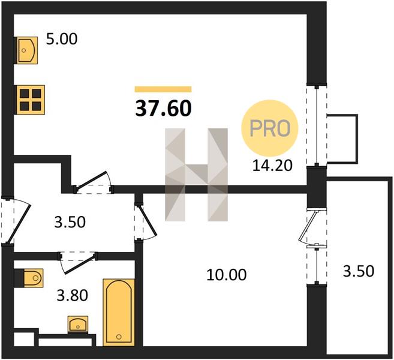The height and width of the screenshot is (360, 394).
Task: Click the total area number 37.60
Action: (163, 109)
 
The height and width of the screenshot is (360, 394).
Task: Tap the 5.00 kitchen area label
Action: (62, 40)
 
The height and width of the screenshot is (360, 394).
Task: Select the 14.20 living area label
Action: (272, 166)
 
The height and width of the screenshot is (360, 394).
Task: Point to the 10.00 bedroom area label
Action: (227, 275)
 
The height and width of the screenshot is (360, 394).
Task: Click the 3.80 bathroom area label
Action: (73, 295)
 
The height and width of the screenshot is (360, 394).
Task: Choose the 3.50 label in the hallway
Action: (70, 222)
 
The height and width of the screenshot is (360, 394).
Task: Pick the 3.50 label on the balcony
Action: (359, 271)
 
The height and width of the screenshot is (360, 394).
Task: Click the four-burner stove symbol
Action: (31, 100)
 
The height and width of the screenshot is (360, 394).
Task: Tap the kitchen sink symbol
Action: (27, 50)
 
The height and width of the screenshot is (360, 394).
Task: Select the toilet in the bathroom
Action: (32, 278)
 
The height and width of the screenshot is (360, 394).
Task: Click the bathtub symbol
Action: (119, 312)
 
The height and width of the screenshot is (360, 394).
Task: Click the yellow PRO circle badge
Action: (270, 128)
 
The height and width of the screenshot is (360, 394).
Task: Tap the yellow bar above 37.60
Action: (163, 89)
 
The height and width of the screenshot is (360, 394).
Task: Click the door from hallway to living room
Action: (92, 181)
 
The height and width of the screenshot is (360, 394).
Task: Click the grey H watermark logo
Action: (196, 175)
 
